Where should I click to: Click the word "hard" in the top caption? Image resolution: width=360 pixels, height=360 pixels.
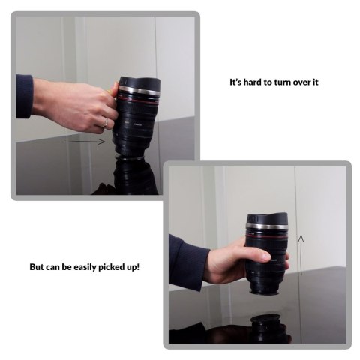click(253, 82)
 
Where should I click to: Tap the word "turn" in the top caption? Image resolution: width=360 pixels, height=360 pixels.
click(283, 82)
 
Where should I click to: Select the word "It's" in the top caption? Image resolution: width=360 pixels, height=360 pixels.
click(235, 82)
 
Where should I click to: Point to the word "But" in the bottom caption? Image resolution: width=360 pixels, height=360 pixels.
click(37, 267)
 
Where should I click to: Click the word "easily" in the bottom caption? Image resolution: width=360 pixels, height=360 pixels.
click(85, 267)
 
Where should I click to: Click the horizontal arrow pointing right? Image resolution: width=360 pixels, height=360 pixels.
click(85, 142)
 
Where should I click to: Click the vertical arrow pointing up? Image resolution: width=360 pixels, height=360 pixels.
click(301, 255)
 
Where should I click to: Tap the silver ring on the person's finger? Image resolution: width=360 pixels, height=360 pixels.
click(106, 123)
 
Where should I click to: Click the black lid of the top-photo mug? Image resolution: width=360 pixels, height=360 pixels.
click(139, 82)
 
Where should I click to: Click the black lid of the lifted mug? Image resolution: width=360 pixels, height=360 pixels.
click(267, 219)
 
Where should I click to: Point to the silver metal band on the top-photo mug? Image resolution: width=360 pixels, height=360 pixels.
click(139, 90)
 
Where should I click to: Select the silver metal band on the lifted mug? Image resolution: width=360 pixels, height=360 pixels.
click(266, 226)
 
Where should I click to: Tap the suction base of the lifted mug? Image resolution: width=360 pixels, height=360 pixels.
click(265, 292)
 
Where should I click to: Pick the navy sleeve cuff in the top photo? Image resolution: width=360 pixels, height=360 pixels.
click(24, 96)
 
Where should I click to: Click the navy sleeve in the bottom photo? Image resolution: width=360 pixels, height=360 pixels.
click(188, 262)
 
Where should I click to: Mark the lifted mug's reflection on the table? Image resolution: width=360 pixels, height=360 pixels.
click(265, 328)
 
